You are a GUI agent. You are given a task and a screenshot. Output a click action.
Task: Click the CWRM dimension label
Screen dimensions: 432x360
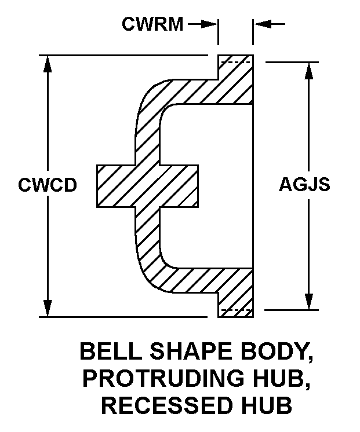coord(152,24)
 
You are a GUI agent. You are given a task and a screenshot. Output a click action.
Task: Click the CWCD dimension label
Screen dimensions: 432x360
coord(48,185)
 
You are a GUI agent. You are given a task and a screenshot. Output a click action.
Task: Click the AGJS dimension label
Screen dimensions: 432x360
coord(304,185)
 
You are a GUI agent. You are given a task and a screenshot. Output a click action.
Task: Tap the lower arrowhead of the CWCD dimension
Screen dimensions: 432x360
coord(48,308)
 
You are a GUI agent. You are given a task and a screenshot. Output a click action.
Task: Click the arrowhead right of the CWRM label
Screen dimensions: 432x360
coord(211,24)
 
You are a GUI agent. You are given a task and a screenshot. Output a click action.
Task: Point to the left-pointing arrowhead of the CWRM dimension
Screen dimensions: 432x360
coord(260,24)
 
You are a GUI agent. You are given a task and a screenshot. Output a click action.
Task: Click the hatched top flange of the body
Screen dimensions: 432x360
coord(235,81)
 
